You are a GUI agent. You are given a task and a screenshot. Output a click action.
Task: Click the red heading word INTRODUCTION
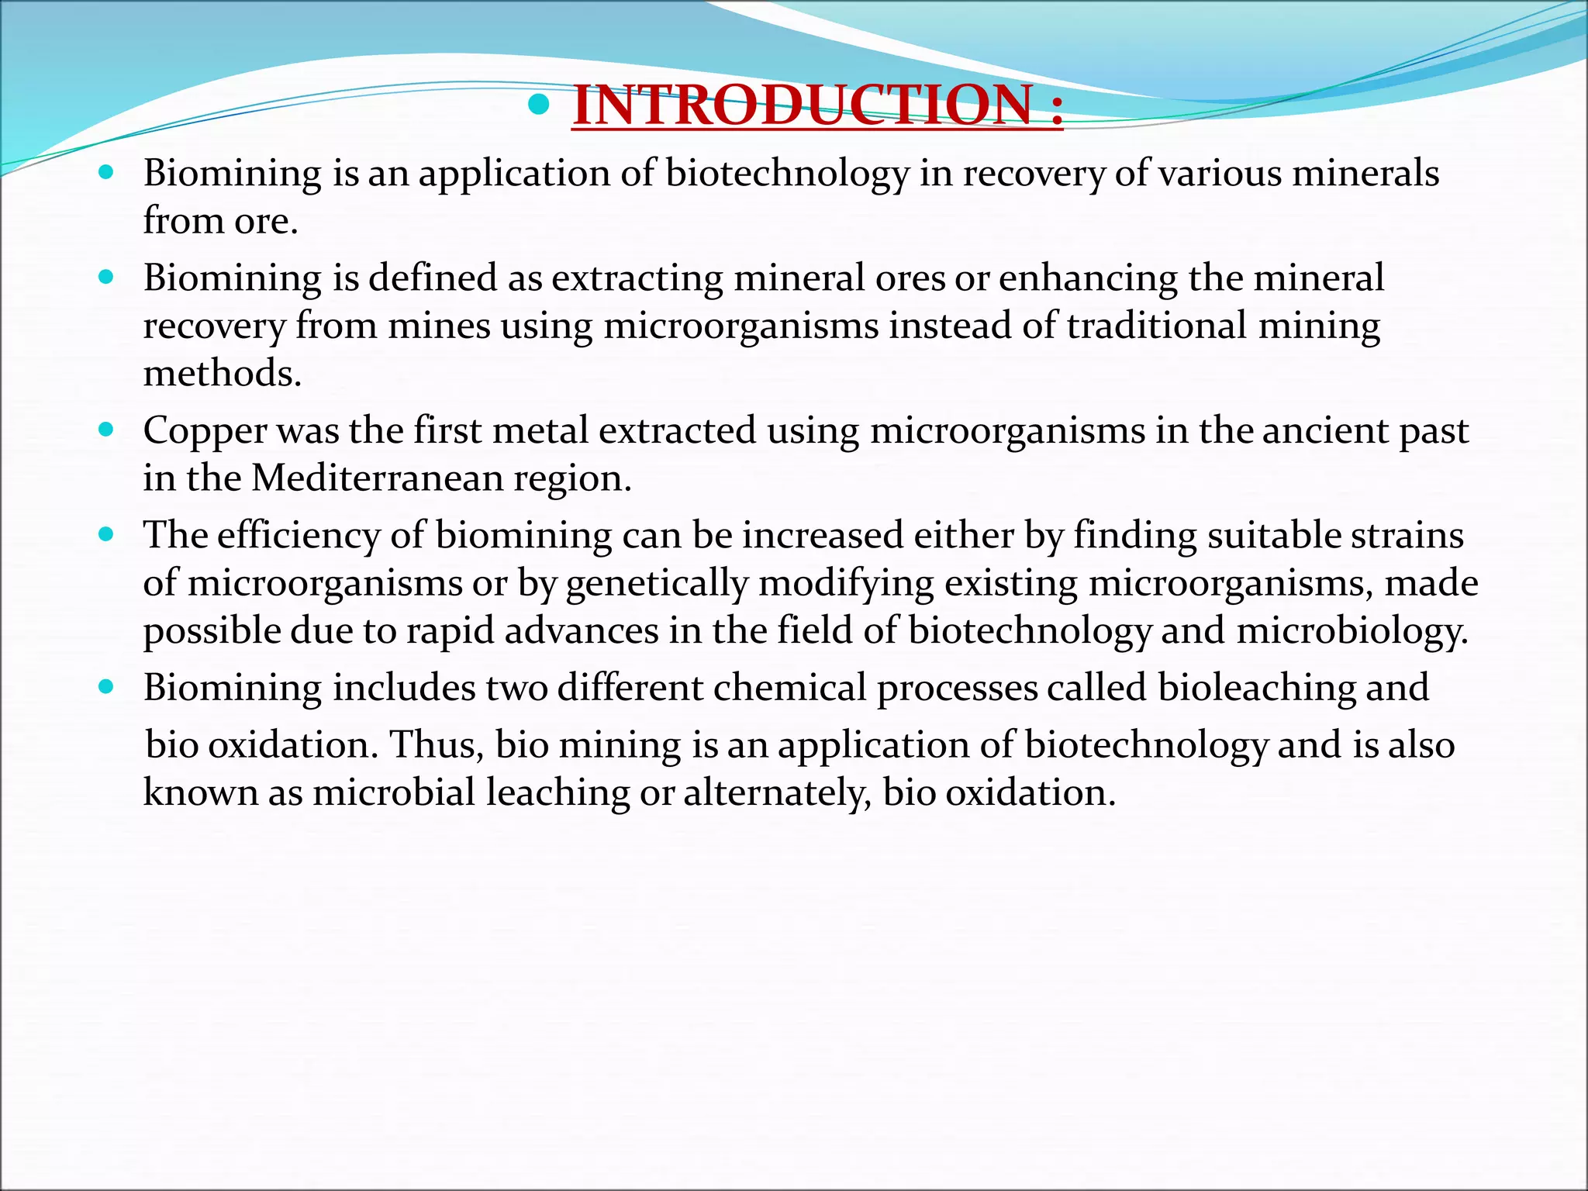pyautogui.click(x=802, y=106)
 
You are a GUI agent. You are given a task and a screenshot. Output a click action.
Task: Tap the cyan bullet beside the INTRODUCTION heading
pyautogui.click(x=538, y=104)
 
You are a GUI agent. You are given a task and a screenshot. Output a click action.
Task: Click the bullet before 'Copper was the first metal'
pyautogui.click(x=107, y=429)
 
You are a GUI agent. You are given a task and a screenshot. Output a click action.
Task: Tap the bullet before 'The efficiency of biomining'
pyautogui.click(x=107, y=533)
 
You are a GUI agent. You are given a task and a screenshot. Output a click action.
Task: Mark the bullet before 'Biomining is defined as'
pyautogui.click(x=107, y=276)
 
